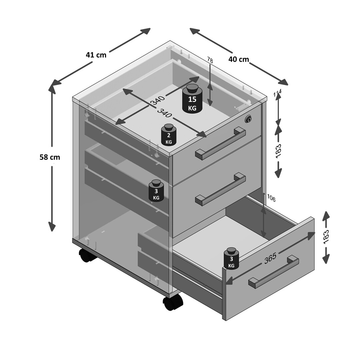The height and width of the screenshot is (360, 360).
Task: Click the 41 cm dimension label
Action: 96,55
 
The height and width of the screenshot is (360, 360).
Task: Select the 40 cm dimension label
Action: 239,59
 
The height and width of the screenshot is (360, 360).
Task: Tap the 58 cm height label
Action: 50,157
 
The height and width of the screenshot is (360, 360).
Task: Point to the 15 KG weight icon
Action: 192,99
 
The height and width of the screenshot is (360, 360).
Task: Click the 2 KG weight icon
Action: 169,135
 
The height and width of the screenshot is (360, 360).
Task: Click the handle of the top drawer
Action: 220,143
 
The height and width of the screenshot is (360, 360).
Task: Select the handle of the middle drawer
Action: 220,189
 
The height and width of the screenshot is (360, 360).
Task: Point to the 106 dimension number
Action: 271,198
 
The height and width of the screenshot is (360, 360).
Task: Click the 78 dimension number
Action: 210,60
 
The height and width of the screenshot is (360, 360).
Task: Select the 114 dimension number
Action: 277,93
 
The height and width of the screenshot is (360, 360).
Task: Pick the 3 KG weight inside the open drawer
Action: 231,259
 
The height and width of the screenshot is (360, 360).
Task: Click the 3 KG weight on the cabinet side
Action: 156,191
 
